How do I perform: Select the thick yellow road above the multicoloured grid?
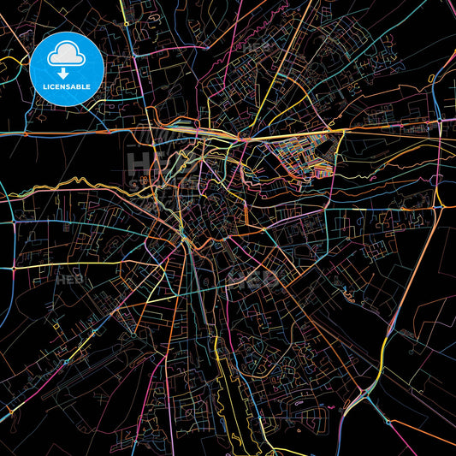342,131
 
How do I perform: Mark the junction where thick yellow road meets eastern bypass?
438,128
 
